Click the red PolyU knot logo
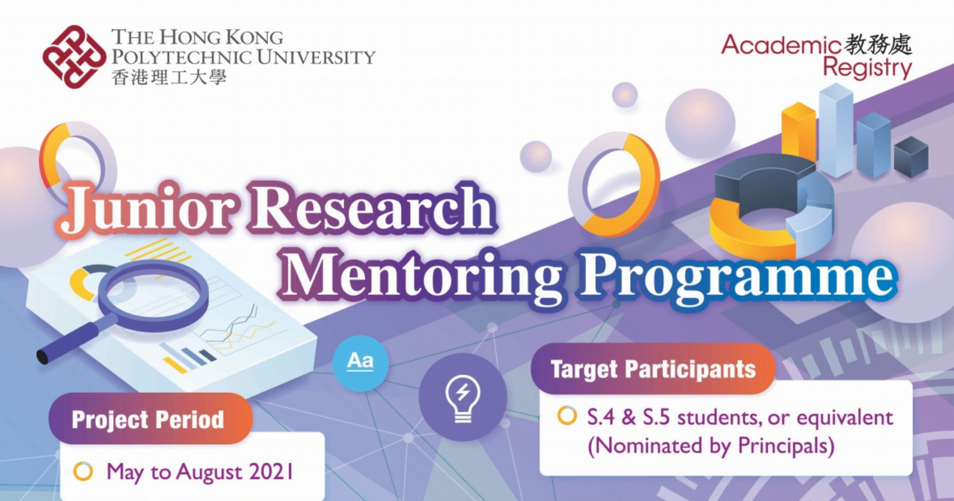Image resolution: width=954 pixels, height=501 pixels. [74, 57]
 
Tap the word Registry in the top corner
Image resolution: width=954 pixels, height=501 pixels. [867, 68]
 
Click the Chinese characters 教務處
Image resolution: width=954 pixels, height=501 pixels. [878, 44]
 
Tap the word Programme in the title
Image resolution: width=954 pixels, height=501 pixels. [737, 277]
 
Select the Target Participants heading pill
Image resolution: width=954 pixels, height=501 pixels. [653, 369]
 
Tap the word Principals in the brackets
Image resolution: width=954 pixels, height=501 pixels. [786, 446]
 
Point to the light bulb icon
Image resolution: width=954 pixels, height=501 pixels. [463, 398]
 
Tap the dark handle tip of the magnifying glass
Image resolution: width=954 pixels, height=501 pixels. [43, 356]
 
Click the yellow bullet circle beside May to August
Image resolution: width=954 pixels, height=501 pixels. [83, 471]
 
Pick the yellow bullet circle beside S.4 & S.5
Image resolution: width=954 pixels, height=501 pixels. [567, 416]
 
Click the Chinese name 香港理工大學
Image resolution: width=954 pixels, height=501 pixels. [169, 78]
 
